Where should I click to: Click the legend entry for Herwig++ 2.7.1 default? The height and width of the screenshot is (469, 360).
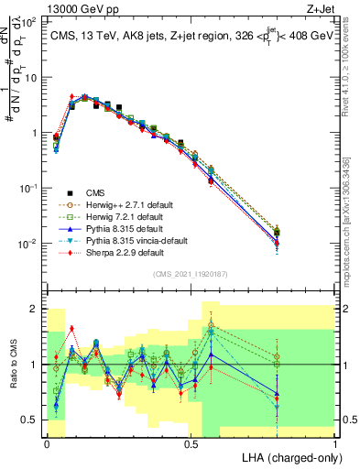click(123, 204)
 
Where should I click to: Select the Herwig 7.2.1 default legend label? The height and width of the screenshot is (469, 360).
click(119, 216)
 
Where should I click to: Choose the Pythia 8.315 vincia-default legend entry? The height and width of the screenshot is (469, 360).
click(127, 240)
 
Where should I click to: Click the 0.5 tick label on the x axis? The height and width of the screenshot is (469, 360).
click(191, 443)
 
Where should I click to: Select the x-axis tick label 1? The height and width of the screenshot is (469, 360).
click(334, 443)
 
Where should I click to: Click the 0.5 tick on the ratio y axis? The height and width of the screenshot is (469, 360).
click(30, 420)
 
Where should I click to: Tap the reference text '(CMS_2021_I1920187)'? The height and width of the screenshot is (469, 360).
click(191, 274)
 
